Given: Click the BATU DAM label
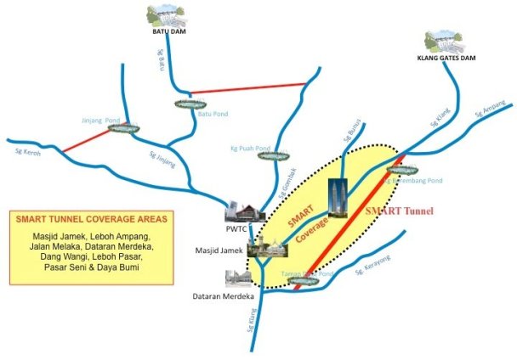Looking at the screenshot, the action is [x=168, y=32].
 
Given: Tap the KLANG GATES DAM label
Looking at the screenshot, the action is [x=446, y=59].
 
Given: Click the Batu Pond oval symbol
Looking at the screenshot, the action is [x=185, y=104].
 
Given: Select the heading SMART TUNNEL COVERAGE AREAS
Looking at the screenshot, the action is [x=91, y=219].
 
